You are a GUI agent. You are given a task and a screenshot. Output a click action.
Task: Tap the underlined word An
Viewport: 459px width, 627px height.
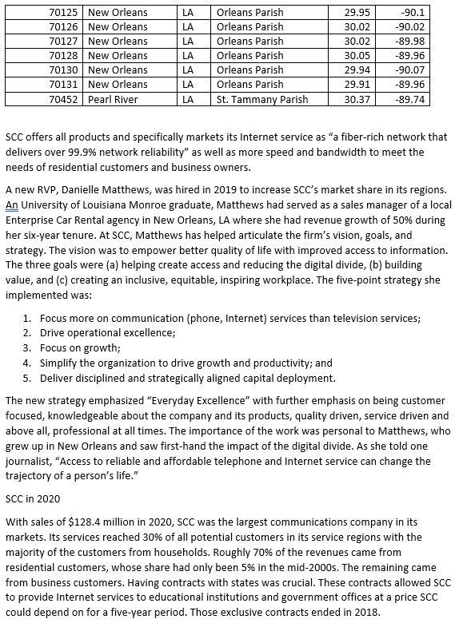[x=12, y=206]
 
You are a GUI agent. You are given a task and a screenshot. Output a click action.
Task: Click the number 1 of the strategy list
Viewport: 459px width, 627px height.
[x=27, y=318]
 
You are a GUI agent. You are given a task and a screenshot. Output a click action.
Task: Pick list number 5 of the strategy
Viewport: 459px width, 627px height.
[x=27, y=378]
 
